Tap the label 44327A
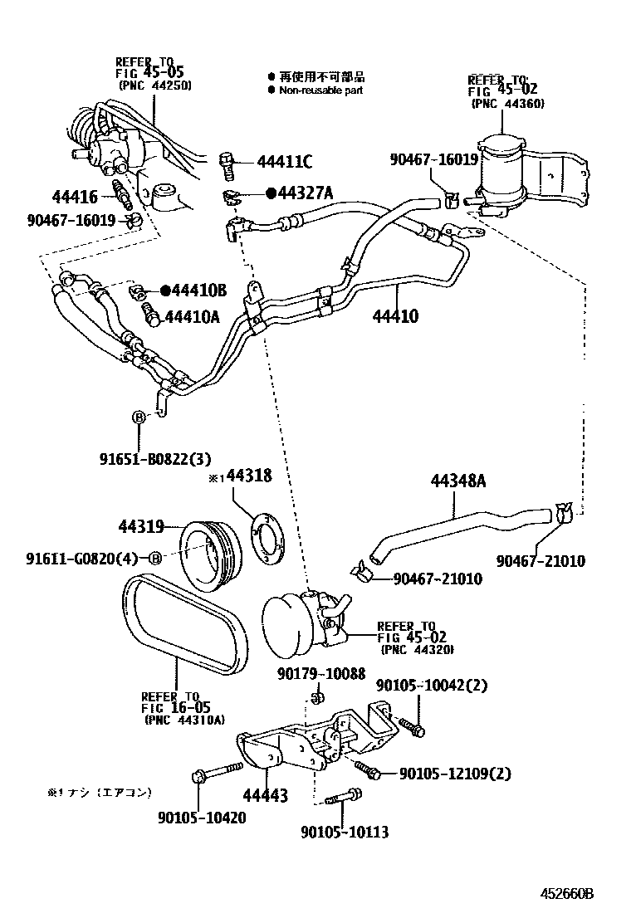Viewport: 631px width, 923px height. pos(305,193)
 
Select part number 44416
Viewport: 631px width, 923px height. pos(75,197)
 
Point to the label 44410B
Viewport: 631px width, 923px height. pos(198,290)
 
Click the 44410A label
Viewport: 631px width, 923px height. pos(192,315)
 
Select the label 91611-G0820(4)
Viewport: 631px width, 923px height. pos(81,559)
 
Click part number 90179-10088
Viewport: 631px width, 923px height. pos(320,673)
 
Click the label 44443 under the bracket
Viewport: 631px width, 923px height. pos(265,797)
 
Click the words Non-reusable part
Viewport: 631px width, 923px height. pos(320,90)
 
